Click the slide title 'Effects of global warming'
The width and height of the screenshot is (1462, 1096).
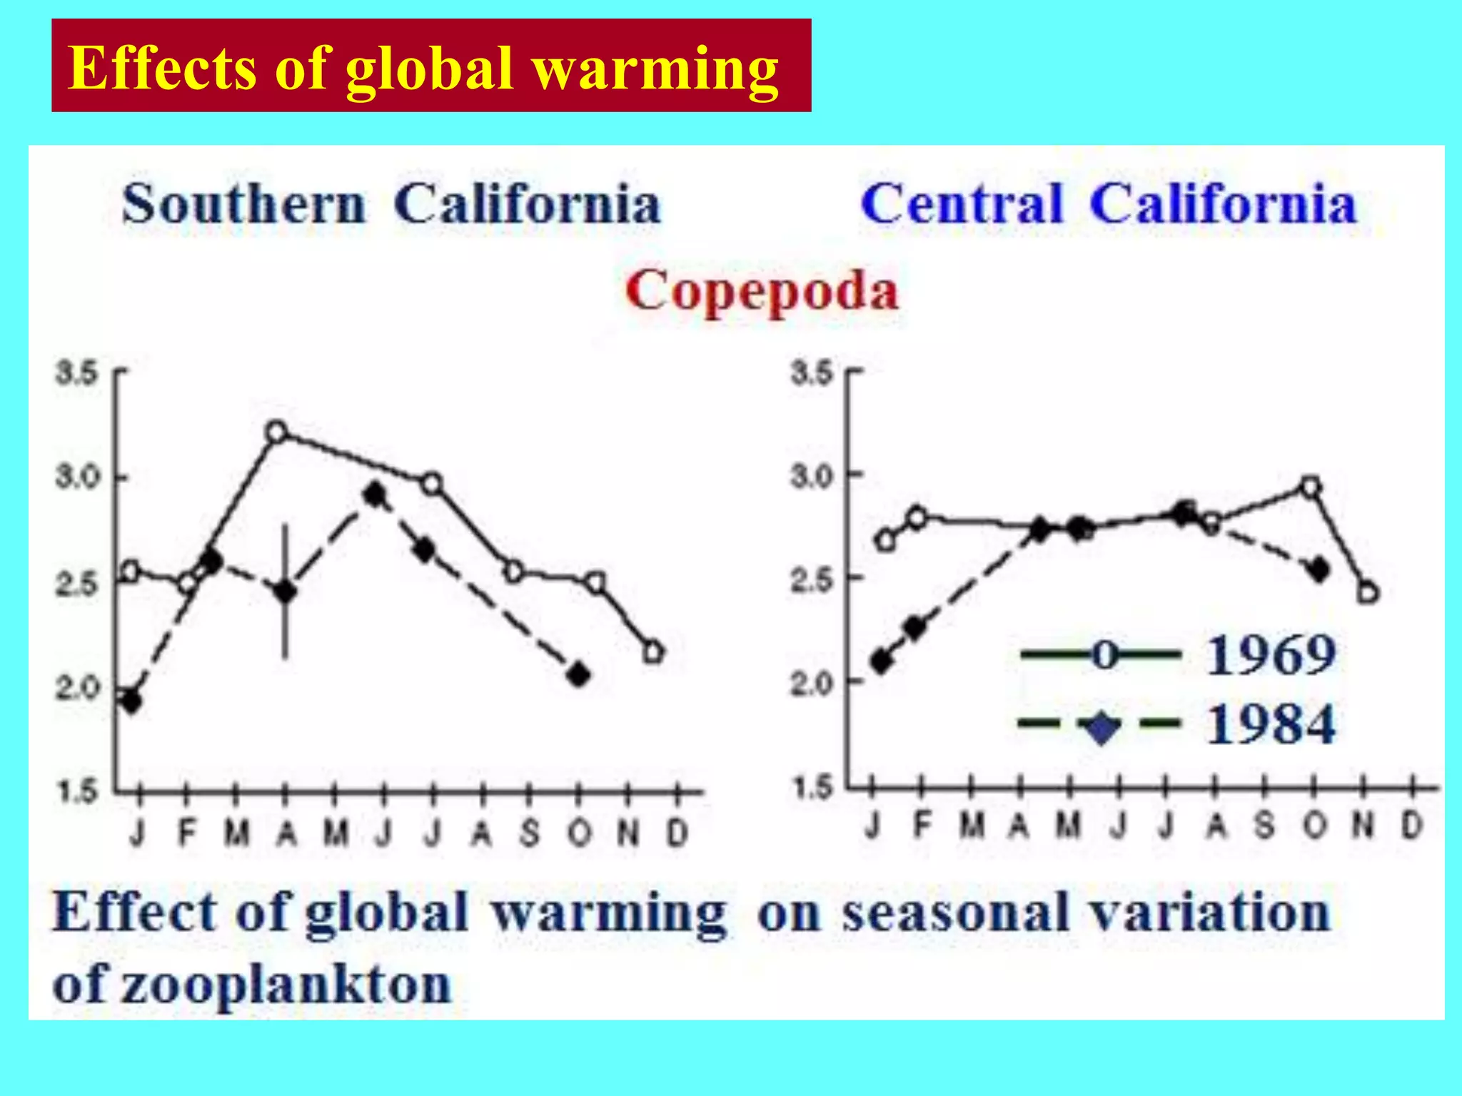(424, 68)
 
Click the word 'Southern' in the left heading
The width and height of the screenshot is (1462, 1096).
(243, 205)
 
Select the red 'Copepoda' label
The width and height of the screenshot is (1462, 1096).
(762, 292)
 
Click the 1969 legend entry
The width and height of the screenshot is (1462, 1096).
(1178, 654)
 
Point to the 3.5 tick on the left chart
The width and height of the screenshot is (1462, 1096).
(77, 372)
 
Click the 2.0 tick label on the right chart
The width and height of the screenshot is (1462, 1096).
(812, 683)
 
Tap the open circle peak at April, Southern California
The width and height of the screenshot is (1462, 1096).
(277, 432)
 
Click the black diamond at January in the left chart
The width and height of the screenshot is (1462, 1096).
(131, 701)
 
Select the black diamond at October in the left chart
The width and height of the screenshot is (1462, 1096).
(579, 674)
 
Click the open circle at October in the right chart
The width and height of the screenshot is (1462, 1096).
(1311, 487)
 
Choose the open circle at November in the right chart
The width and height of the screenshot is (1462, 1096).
(1368, 593)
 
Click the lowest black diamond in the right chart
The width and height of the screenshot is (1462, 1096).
(882, 661)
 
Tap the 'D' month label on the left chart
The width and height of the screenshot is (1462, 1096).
(677, 833)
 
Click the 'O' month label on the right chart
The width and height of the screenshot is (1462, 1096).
(1314, 826)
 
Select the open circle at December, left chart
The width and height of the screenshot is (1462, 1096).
(653, 652)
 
